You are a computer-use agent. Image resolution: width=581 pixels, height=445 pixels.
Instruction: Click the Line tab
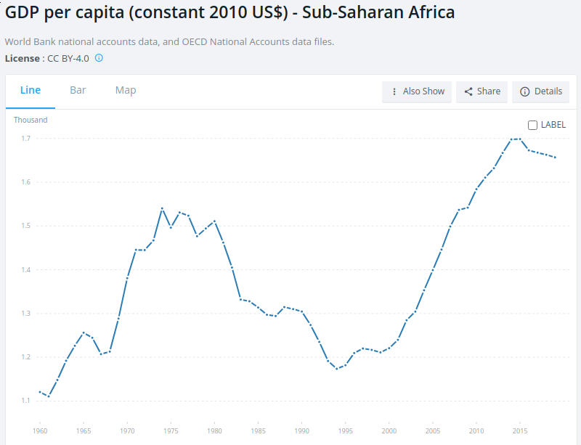pos(31,91)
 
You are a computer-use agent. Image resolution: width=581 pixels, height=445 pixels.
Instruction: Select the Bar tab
pos(78,91)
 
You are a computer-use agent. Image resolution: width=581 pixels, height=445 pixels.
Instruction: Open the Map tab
pos(126,91)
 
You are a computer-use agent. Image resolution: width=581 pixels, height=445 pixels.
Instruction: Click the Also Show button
pos(417,91)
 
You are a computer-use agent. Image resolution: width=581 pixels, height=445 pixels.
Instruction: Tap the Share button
pos(482,91)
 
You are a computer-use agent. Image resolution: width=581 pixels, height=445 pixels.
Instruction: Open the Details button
pos(541,91)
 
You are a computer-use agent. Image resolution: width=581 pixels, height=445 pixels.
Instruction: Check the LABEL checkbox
pos(532,125)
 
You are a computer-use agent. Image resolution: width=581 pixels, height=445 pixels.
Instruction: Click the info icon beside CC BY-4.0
pos(99,57)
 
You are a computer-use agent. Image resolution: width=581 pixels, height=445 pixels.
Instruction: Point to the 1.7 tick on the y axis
pos(25,138)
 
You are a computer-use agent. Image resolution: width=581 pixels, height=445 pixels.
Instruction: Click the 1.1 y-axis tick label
pos(25,401)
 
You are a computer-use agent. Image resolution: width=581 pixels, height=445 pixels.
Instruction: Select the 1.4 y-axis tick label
pos(25,269)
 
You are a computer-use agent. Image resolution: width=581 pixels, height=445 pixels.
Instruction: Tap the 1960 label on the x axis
pos(40,431)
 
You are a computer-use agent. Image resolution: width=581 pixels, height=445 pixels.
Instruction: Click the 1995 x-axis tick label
pos(346,431)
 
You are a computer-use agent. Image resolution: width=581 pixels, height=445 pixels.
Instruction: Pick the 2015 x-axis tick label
pos(520,431)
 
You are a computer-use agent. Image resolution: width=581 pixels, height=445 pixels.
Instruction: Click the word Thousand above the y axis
pos(31,120)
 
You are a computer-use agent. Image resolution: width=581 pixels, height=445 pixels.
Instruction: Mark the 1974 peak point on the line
pos(162,208)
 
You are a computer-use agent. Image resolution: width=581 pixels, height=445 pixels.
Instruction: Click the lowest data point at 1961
pos(49,396)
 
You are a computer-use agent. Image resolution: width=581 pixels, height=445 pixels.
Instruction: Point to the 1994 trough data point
pos(337,369)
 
